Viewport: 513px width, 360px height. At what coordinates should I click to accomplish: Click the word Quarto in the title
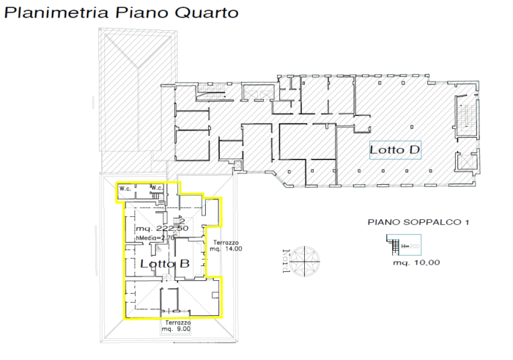(x=207, y=12)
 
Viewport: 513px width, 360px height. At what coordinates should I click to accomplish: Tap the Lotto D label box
(x=395, y=150)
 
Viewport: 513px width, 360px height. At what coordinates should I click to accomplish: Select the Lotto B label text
(x=165, y=263)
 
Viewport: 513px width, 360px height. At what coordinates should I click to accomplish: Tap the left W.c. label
(x=125, y=188)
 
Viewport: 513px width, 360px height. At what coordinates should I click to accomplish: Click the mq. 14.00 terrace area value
(x=226, y=249)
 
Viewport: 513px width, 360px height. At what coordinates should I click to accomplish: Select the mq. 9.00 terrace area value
(x=177, y=329)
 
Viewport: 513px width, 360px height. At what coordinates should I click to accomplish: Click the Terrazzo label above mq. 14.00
(x=226, y=242)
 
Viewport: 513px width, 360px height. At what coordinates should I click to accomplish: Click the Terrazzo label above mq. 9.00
(x=177, y=322)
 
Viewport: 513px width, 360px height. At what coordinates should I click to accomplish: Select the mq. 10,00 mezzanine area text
(x=416, y=262)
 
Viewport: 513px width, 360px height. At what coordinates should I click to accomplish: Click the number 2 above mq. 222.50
(x=171, y=221)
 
